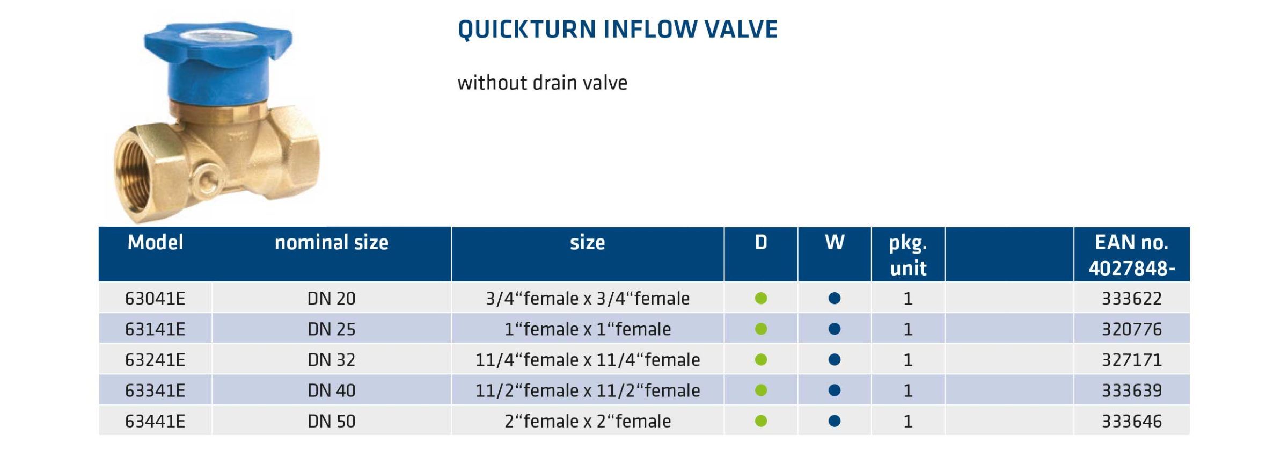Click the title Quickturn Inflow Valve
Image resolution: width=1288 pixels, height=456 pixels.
pyautogui.click(x=617, y=30)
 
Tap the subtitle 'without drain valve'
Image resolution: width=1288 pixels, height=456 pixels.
pyautogui.click(x=542, y=83)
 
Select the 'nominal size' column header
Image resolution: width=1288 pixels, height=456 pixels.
pyautogui.click(x=331, y=243)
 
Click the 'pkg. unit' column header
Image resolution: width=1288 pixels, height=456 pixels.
pyautogui.click(x=908, y=255)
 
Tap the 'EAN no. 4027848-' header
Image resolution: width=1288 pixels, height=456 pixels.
pyautogui.click(x=1131, y=255)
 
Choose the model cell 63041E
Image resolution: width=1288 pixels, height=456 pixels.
pyautogui.click(x=155, y=299)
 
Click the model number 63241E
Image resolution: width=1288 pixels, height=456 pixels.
pyautogui.click(x=155, y=360)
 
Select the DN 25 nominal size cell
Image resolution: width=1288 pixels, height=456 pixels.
pyautogui.click(x=331, y=329)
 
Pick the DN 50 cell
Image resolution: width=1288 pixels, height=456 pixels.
pyautogui.click(x=331, y=421)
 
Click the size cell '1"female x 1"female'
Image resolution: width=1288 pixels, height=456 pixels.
pyautogui.click(x=588, y=329)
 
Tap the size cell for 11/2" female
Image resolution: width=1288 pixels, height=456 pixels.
pyautogui.click(x=588, y=390)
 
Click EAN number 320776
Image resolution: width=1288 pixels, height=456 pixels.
pyautogui.click(x=1131, y=329)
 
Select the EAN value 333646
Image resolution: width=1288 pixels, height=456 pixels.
pyautogui.click(x=1131, y=421)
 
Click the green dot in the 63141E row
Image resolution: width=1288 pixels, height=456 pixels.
pyautogui.click(x=761, y=329)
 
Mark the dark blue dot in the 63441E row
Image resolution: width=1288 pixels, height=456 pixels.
pyautogui.click(x=835, y=421)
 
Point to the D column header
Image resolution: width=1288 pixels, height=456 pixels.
pyautogui.click(x=761, y=243)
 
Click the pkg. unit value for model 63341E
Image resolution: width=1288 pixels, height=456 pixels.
pyautogui.click(x=908, y=390)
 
